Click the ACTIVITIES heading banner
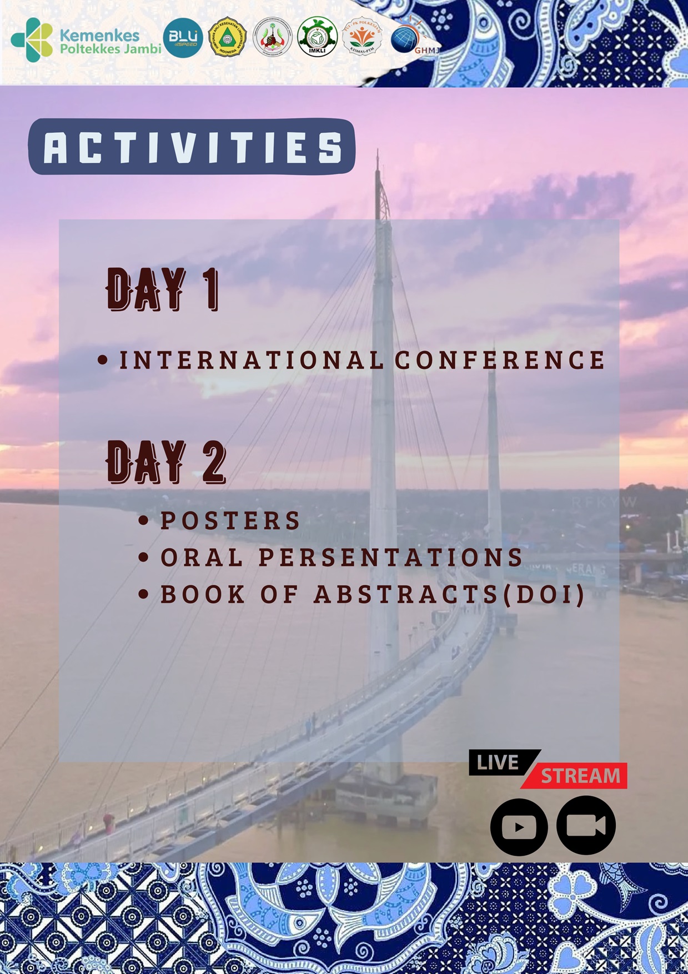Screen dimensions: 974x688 (192, 147)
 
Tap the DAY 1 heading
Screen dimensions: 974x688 (163, 289)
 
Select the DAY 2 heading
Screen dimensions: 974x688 (166, 461)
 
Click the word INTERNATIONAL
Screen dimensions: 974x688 (252, 360)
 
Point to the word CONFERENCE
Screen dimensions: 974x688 (500, 360)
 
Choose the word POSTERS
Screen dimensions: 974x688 (230, 521)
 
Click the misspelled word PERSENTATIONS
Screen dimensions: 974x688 (391, 558)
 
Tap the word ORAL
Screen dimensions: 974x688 (202, 558)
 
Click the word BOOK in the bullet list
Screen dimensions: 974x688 (203, 595)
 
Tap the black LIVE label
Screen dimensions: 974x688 (498, 762)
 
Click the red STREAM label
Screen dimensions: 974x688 (580, 776)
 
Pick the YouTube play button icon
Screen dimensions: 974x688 (519, 827)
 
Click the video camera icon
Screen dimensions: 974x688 (586, 825)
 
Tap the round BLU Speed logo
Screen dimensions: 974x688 (183, 38)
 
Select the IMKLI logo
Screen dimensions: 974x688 (317, 37)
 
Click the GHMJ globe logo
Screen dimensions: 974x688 (408, 39)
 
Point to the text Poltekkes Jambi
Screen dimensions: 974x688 (111, 49)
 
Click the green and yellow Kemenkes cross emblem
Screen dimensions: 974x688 (32, 39)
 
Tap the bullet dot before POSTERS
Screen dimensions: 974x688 (144, 521)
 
